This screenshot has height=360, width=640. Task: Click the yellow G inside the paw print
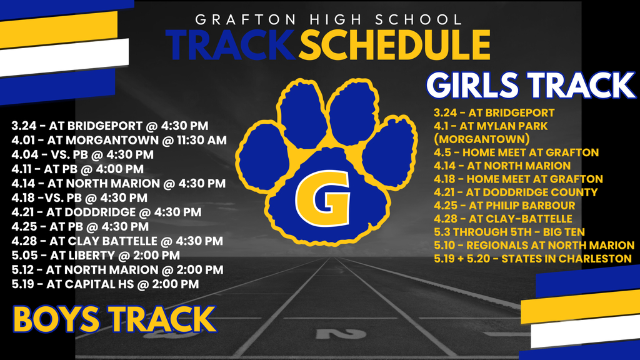click(322, 198)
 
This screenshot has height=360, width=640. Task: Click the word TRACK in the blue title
click(231, 45)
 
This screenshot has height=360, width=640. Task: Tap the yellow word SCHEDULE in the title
click(394, 45)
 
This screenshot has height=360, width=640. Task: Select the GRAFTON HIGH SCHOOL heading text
click(329, 19)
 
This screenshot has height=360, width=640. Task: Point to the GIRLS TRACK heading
click(531, 86)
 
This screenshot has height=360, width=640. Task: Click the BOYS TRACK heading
click(114, 319)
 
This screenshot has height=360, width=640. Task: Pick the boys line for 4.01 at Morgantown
click(119, 140)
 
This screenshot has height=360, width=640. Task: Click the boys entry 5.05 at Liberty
click(96, 256)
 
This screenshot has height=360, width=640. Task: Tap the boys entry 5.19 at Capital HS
click(105, 284)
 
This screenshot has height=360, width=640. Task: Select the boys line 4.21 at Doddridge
click(106, 212)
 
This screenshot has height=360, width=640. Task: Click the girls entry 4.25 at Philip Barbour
click(504, 205)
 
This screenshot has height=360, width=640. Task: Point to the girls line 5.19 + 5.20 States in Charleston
click(532, 258)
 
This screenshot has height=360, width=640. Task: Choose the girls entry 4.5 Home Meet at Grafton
click(516, 152)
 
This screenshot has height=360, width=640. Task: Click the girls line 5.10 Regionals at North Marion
click(534, 245)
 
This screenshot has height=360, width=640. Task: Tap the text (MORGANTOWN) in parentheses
click(482, 139)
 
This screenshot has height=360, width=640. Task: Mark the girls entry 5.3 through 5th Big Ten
click(509, 232)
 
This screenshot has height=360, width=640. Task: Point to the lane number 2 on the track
click(341, 334)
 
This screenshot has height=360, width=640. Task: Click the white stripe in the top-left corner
click(64, 57)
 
